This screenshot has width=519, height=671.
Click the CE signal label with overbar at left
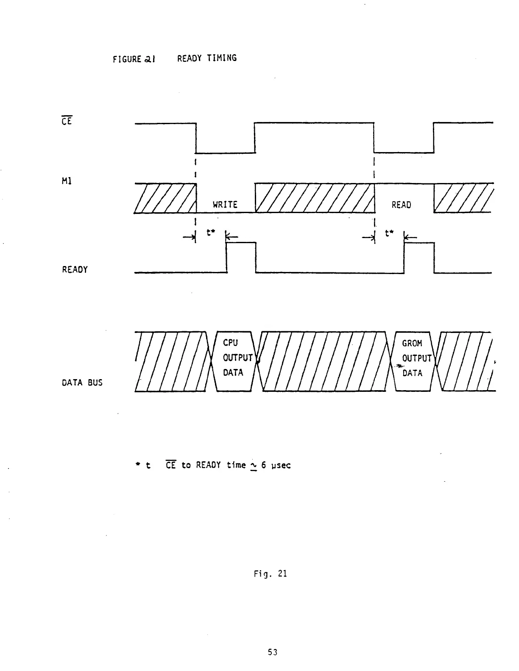[67, 121]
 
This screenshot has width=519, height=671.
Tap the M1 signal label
[67, 181]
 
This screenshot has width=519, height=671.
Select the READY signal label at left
[75, 269]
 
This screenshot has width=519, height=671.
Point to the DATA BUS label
[82, 383]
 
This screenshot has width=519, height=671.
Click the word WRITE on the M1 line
[225, 205]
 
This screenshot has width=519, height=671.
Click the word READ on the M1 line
[401, 205]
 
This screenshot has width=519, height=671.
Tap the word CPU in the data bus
[230, 343]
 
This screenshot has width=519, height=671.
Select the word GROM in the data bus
[412, 343]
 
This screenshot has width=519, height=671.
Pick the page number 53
[273, 652]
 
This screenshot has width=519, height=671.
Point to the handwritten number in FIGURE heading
[150, 59]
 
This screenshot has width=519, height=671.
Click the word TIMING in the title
[222, 58]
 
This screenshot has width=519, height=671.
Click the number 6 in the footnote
[263, 465]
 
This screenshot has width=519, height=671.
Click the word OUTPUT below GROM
[417, 358]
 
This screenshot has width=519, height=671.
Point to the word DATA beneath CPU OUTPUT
[233, 373]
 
